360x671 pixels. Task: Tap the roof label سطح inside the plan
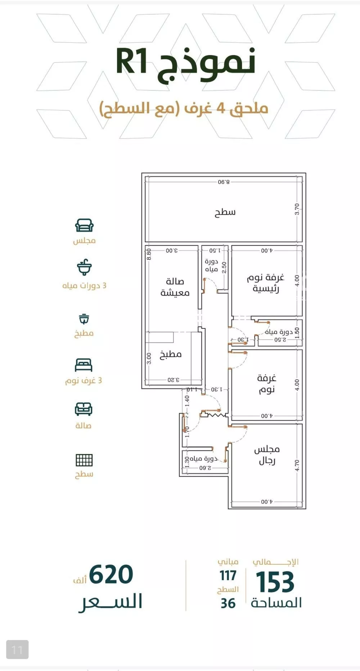(225, 212)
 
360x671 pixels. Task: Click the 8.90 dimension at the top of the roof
(224, 182)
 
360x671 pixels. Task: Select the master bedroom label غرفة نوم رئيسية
(266, 283)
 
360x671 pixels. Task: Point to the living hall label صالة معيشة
(175, 287)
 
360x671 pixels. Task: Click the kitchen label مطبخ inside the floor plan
(170, 354)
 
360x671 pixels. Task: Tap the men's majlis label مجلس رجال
(267, 455)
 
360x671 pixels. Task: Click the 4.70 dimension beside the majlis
(297, 465)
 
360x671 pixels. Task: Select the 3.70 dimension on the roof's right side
(297, 209)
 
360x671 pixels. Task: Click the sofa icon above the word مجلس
(84, 225)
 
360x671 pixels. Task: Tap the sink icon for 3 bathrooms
(84, 267)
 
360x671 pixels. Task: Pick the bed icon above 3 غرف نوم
(84, 365)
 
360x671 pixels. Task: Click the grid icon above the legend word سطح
(84, 460)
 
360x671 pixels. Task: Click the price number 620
(111, 574)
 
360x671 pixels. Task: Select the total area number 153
(275, 582)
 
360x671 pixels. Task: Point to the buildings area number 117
(228, 576)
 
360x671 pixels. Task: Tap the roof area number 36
(228, 604)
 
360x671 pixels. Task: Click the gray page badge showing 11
(17, 650)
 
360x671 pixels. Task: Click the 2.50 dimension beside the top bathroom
(224, 267)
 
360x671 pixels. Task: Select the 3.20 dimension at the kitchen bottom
(173, 380)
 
